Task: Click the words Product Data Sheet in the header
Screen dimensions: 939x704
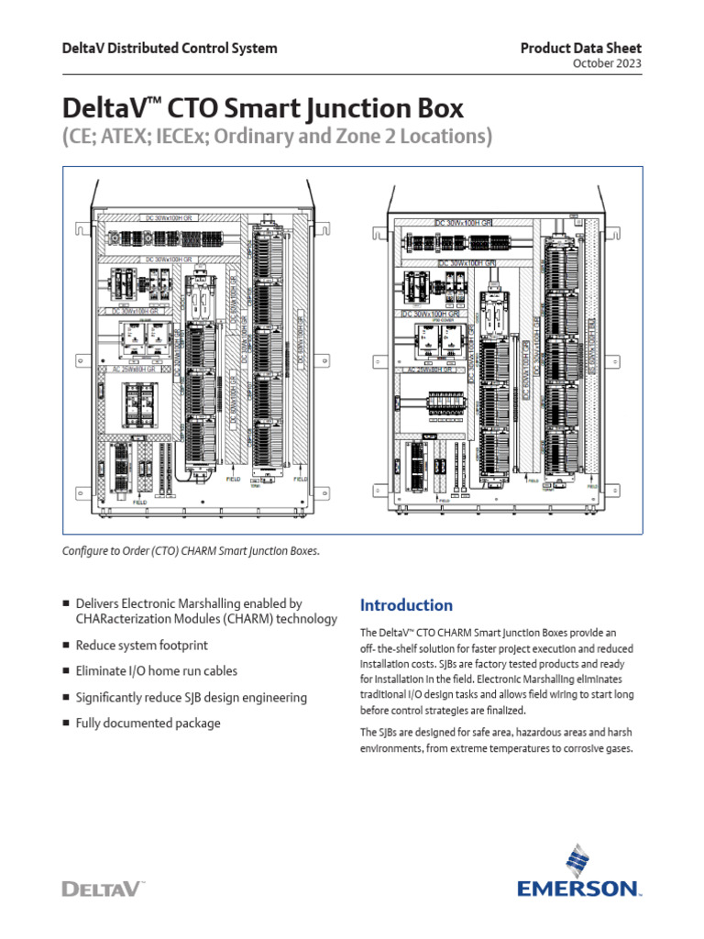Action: click(581, 48)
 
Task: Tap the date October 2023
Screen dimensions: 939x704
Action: click(607, 63)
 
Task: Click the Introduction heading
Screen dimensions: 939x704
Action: click(406, 605)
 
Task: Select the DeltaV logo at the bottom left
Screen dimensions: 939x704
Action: click(103, 888)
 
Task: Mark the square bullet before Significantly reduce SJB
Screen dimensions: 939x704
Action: click(66, 697)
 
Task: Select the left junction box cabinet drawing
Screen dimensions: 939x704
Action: click(197, 348)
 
